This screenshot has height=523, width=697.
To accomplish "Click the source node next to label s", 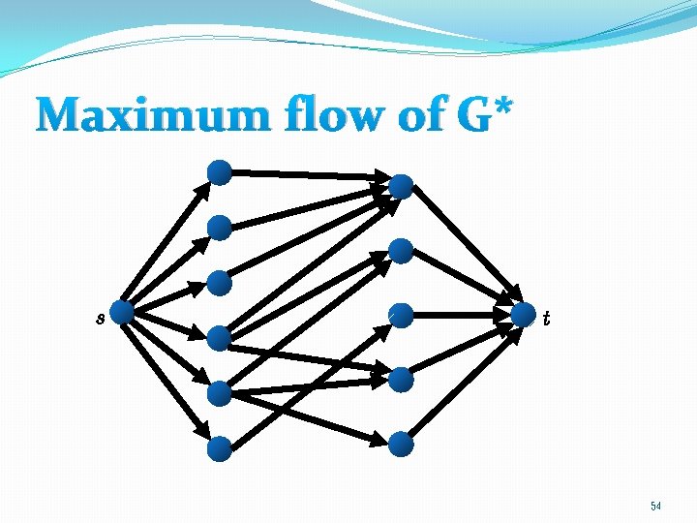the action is pyautogui.click(x=122, y=312).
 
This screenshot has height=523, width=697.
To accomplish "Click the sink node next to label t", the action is pyautogui.click(x=524, y=315).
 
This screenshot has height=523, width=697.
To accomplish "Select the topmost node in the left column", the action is pyautogui.click(x=221, y=172).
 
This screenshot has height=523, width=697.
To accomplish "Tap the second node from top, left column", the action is pyautogui.click(x=221, y=228).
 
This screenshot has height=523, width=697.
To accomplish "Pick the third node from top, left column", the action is pyautogui.click(x=221, y=283).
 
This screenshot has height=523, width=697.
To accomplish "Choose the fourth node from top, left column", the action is pyautogui.click(x=220, y=337).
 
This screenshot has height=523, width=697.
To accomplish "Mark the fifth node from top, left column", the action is pyautogui.click(x=220, y=393).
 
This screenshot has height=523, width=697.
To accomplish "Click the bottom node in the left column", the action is pyautogui.click(x=220, y=448).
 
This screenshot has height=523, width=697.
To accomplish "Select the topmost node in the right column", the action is pyautogui.click(x=401, y=186).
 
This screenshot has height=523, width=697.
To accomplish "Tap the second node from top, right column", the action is pyautogui.click(x=401, y=251).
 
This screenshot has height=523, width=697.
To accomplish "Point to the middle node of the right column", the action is pyautogui.click(x=401, y=315).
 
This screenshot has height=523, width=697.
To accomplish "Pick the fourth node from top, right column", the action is pyautogui.click(x=401, y=380).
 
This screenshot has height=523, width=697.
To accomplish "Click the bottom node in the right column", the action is pyautogui.click(x=401, y=445).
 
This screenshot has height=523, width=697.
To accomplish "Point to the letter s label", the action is pyautogui.click(x=100, y=317).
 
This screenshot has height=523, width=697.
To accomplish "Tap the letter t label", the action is pyautogui.click(x=547, y=317).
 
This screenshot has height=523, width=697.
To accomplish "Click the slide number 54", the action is pyautogui.click(x=655, y=506).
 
